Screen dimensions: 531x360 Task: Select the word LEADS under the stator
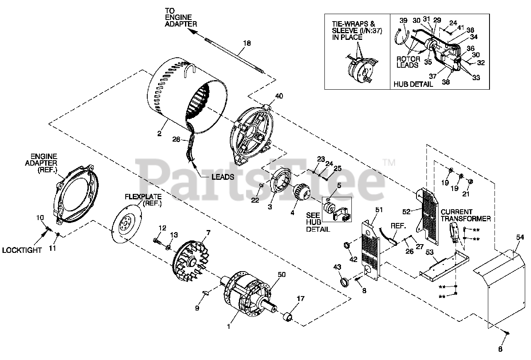[x=222, y=176]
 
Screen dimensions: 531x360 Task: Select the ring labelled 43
[x=344, y=283]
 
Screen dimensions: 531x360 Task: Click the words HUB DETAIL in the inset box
[x=413, y=84]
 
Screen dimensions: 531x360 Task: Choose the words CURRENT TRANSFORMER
[x=465, y=215]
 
